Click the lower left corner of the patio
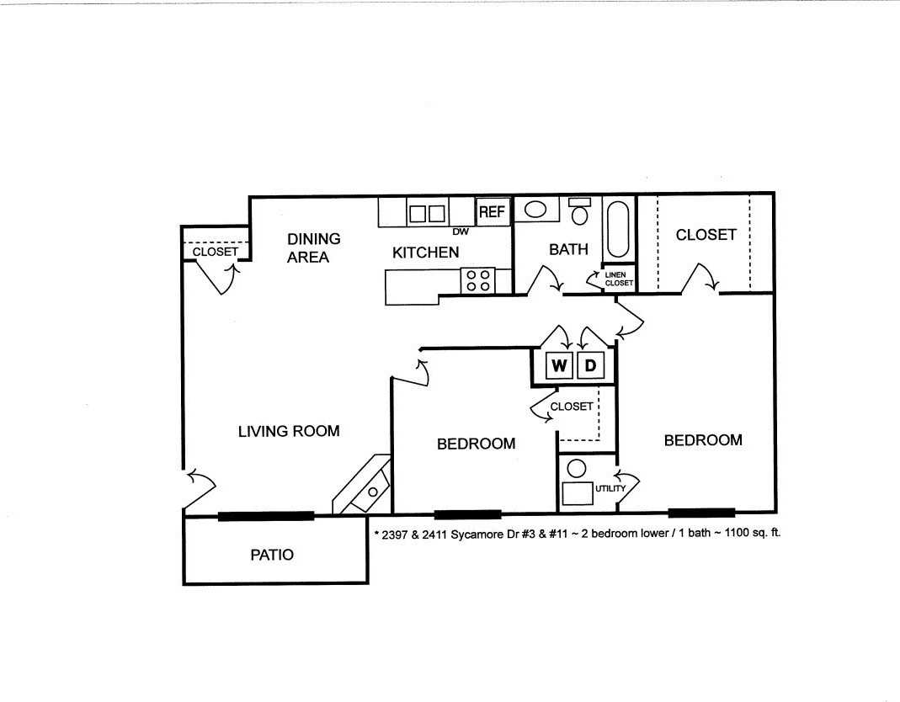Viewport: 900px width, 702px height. coord(184,584)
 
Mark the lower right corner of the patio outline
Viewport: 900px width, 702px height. coord(367,583)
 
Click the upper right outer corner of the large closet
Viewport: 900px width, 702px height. coord(775,193)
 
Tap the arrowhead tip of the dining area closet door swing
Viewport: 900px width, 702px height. coord(232,264)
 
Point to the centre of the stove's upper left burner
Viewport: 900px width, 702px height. coord(471,275)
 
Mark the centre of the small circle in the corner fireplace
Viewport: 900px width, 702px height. coord(373,492)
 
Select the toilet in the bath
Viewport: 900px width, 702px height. coord(580,212)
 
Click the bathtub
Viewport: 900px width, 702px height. coord(618,229)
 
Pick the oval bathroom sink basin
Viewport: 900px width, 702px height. coord(535,210)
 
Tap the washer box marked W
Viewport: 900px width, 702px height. coord(559,365)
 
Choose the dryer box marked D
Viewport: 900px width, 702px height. coord(590,365)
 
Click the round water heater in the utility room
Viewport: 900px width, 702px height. coord(576,469)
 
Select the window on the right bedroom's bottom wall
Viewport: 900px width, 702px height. coord(701,512)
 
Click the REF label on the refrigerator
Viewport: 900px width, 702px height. coord(492,212)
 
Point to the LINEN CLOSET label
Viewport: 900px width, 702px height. coord(619,279)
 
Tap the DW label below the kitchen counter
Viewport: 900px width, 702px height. coord(461,231)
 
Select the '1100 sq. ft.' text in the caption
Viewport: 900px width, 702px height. coord(753,532)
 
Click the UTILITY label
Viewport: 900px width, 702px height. coord(610,488)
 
